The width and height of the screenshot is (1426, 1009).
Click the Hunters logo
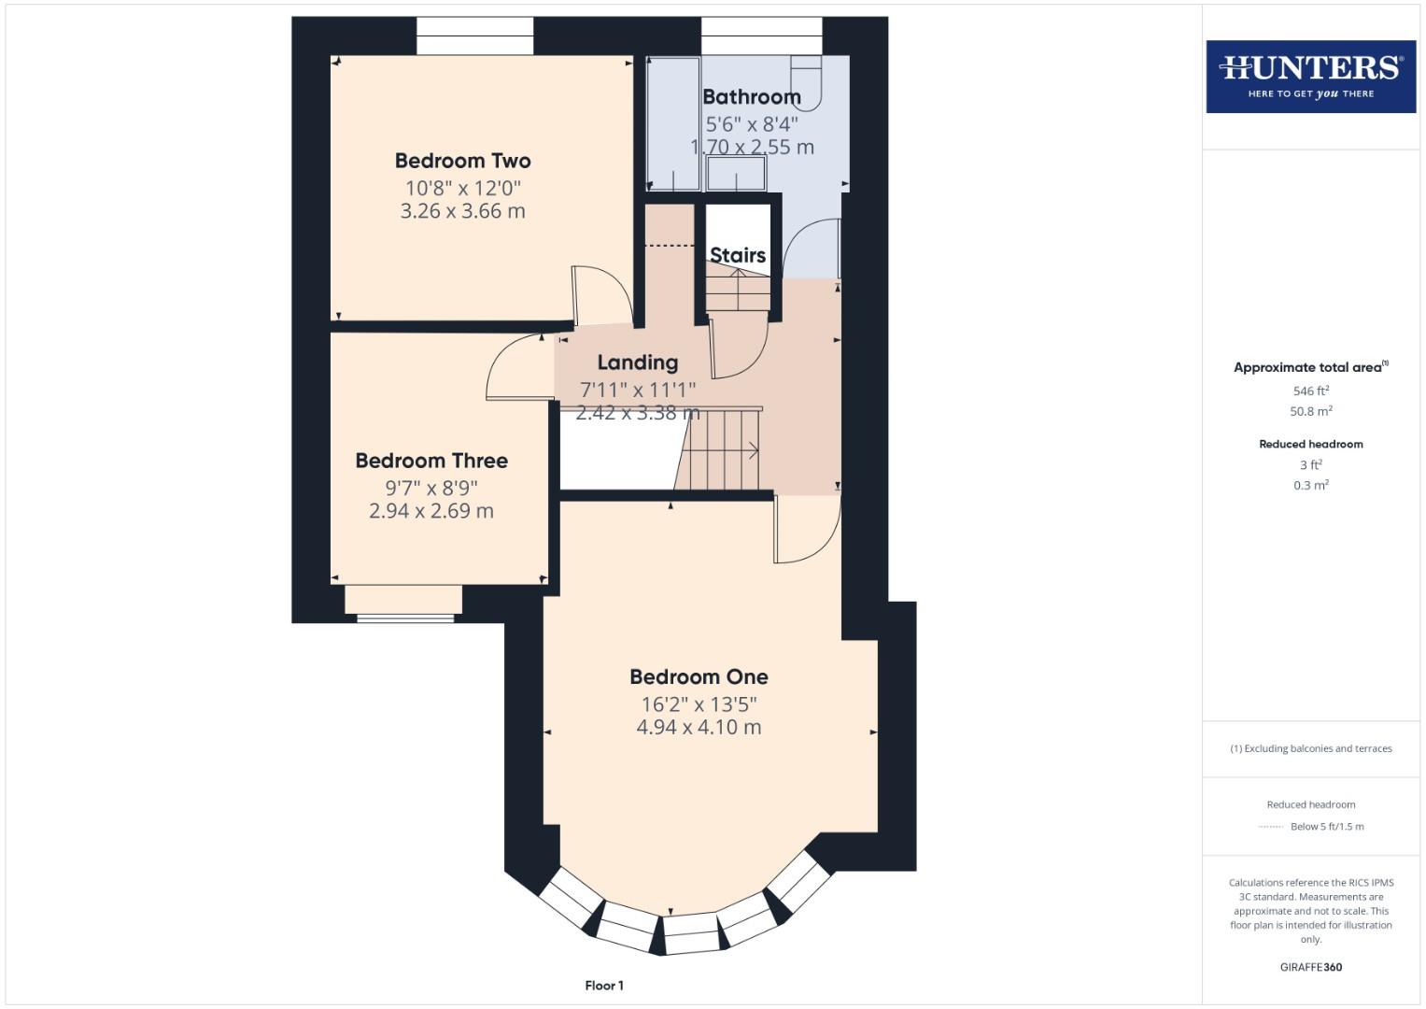[x=1310, y=77]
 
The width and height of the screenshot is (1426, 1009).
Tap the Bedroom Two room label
[x=462, y=161]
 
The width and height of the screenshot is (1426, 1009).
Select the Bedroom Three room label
[x=431, y=461]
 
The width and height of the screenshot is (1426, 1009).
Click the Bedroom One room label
[x=699, y=676]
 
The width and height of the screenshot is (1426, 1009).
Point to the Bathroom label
[x=751, y=96]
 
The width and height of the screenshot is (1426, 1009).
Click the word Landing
[x=637, y=362]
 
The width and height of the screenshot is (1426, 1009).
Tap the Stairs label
[x=737, y=255]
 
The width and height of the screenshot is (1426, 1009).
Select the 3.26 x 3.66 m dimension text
[x=462, y=211]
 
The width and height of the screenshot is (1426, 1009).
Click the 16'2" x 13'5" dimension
[x=699, y=703]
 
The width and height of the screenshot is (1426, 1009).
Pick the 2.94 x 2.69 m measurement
[x=431, y=511]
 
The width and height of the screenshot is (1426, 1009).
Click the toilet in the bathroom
[x=806, y=79]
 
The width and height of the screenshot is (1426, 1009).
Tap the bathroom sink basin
[x=736, y=174]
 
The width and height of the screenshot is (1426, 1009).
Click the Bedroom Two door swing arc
[x=602, y=295]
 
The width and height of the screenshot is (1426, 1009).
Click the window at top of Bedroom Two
[x=474, y=36]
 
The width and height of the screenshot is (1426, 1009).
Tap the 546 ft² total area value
[x=1310, y=391]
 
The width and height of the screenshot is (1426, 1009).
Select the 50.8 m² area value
[x=1310, y=411]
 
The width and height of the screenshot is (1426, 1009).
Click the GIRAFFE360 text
[x=1310, y=967]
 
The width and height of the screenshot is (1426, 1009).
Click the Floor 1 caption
[x=604, y=986]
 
